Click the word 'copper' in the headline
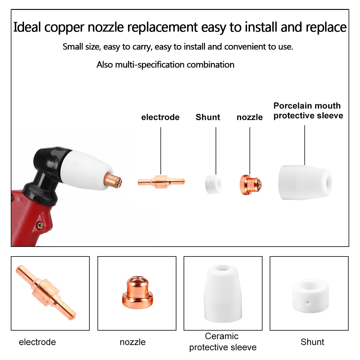coord(64,28)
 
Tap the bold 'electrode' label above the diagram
coord(160,117)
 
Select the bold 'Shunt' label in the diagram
coord(208,117)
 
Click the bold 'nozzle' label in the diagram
coord(249,117)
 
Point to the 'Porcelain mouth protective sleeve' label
coord(308,111)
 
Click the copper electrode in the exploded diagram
coord(161,181)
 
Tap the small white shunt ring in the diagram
coord(213,184)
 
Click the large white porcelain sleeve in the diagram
coord(304,182)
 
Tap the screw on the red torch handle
coord(39,225)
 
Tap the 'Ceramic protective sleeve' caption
coord(223,342)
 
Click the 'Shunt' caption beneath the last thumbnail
coord(312,342)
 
